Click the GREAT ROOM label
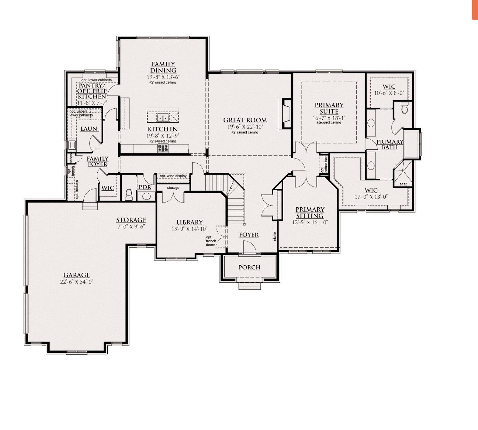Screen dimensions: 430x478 coord(245,120)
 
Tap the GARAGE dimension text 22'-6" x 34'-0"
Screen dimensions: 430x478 coord(77,282)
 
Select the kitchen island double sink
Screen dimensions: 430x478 coord(163,118)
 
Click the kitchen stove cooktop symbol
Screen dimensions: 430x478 coord(163,148)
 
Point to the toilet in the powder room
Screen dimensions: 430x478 coord(129,194)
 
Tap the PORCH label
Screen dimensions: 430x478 coord(250,268)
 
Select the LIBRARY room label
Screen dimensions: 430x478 coord(189,222)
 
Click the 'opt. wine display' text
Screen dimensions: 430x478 coord(173,176)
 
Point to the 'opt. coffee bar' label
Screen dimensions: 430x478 coord(324,165)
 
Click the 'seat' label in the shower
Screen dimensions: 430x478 coord(403,184)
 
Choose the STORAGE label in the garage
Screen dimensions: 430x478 coord(131,220)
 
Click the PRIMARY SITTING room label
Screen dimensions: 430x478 coord(310,212)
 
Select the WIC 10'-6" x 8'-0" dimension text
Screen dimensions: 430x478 coord(389,93)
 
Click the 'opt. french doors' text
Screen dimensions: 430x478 coord(210,241)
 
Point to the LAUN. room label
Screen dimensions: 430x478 coord(89,129)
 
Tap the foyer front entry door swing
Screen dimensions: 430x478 coord(249,247)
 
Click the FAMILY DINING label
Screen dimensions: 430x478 coord(163,67)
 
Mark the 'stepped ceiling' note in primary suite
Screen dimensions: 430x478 coord(329,122)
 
